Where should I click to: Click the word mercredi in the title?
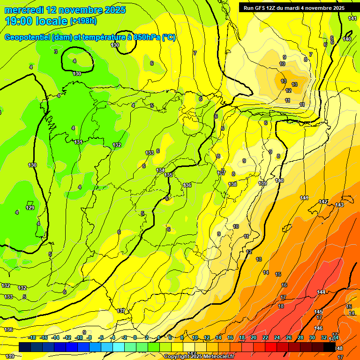click(24, 10)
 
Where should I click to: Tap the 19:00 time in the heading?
click(20, 21)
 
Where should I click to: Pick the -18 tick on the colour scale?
click(32, 337)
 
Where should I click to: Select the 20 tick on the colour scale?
click(254, 337)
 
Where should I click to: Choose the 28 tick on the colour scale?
click(300, 337)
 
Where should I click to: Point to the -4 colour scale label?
click(113, 337)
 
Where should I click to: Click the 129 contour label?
click(30, 208)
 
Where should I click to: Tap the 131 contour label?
click(79, 142)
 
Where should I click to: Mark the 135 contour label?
click(169, 175)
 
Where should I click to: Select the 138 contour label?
click(232, 184)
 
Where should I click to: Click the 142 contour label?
click(323, 202)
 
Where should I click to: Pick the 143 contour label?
click(339, 205)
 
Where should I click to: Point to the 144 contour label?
click(321, 292)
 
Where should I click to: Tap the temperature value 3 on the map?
click(56, 52)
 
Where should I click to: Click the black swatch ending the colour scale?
click(329, 347)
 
